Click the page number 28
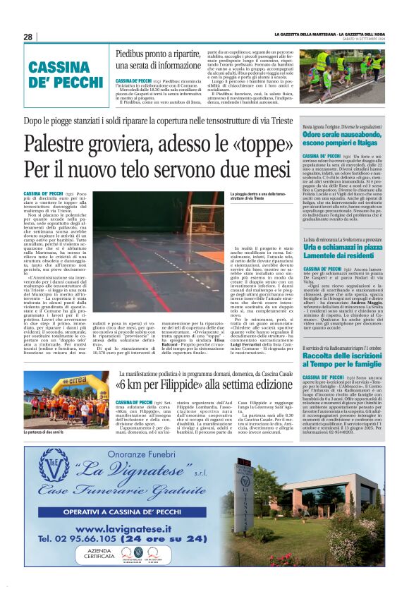(28, 37)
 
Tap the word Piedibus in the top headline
(132, 54)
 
